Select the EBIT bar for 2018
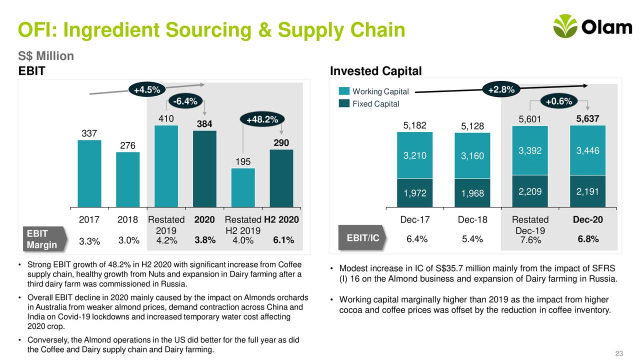click(128, 179)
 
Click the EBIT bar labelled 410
click(166, 165)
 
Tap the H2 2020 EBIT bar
click(281, 178)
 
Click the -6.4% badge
click(185, 102)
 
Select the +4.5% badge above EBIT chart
click(147, 90)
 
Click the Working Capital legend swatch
click(344, 91)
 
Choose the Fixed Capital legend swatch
click(344, 103)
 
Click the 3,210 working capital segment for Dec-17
click(415, 155)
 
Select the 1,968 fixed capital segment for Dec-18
click(472, 193)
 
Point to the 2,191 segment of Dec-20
click(587, 191)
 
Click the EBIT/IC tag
click(362, 238)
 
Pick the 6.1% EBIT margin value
click(283, 241)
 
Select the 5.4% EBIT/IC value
click(472, 239)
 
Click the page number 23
click(618, 354)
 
